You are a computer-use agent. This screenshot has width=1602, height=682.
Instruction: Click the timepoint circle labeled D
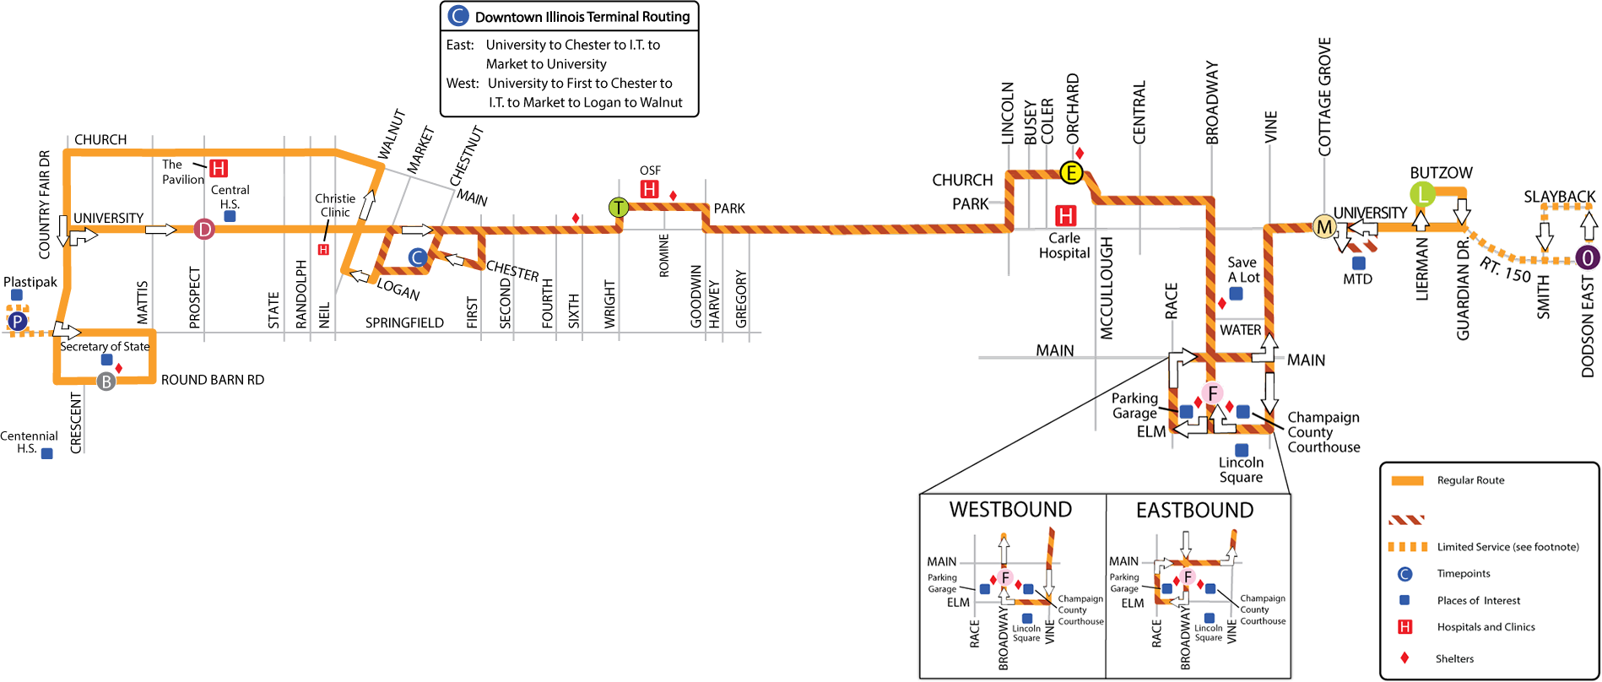[x=204, y=229]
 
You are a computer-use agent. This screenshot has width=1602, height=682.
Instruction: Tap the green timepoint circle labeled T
[x=619, y=207]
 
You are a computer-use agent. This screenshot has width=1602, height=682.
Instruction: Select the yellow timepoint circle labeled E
[x=1071, y=173]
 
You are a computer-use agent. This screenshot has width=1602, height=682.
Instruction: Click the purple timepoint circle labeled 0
[x=1587, y=257]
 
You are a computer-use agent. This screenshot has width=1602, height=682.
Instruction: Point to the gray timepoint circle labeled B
[x=106, y=382]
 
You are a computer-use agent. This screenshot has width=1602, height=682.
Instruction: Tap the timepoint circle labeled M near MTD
[x=1324, y=226]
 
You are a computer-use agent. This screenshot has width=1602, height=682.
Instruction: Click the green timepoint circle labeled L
[x=1422, y=194]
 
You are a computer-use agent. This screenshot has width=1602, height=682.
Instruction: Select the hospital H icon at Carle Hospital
[x=1066, y=215]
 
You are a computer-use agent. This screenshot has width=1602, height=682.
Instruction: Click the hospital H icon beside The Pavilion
[x=219, y=168]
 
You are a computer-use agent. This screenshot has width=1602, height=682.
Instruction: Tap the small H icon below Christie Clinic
[x=322, y=249]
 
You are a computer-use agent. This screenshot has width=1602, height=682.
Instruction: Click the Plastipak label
[x=30, y=282]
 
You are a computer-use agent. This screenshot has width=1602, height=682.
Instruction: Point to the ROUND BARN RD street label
[x=213, y=380]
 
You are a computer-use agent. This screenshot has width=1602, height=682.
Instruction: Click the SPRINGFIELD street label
[x=404, y=322]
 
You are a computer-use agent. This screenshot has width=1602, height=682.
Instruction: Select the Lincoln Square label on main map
[x=1241, y=469]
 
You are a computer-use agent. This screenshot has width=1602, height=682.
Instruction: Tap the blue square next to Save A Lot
[x=1236, y=294]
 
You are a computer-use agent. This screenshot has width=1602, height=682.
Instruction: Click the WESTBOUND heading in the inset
[x=1010, y=510]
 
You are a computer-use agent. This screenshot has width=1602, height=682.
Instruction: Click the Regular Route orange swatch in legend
[x=1407, y=480]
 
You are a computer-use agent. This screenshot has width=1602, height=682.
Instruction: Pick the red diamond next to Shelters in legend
[x=1404, y=658]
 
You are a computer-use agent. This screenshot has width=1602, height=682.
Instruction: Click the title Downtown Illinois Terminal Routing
[x=582, y=17]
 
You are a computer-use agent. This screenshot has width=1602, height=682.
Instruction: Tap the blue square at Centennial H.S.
[x=47, y=453]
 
